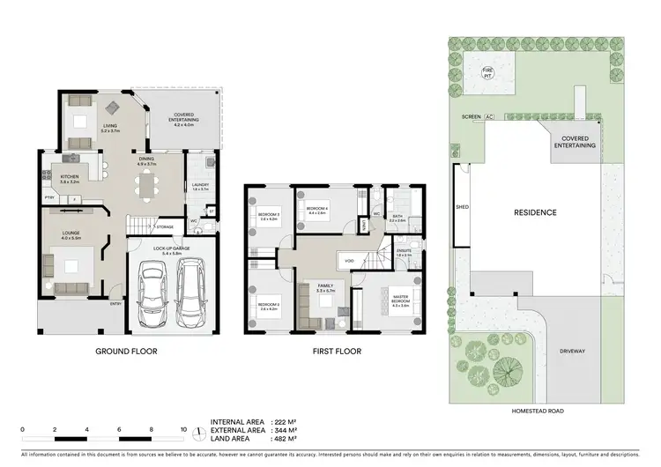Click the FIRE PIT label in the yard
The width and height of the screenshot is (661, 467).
click(x=486, y=73)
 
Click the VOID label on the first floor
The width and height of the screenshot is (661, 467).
click(x=349, y=261)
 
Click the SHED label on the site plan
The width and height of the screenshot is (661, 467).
click(x=461, y=208)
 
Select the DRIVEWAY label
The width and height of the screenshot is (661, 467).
click(x=576, y=351)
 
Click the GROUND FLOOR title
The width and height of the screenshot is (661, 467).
click(x=127, y=352)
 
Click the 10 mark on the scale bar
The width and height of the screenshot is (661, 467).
click(x=182, y=430)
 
